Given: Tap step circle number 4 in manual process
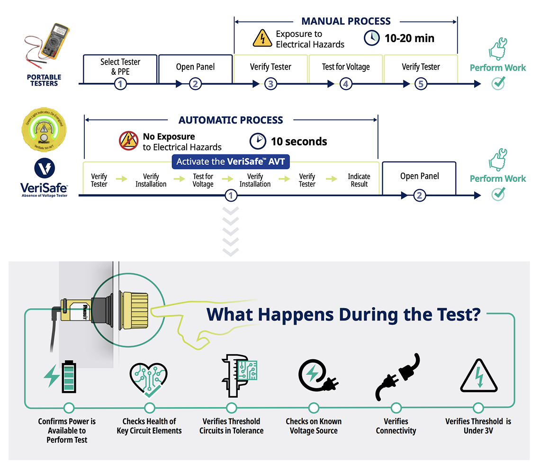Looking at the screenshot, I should [346, 84].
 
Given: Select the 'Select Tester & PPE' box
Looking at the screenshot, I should [120, 67].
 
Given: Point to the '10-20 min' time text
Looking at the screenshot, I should [409, 38].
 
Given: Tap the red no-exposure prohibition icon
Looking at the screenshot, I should [128, 141].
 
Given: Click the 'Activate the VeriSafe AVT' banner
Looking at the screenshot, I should [231, 162].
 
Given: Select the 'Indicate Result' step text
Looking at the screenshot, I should [359, 180].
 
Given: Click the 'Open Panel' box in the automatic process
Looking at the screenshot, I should [419, 176].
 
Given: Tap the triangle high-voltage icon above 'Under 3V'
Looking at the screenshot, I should [479, 377].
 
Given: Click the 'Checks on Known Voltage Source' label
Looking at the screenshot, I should [314, 426].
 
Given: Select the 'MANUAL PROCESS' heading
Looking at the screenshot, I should [346, 21].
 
